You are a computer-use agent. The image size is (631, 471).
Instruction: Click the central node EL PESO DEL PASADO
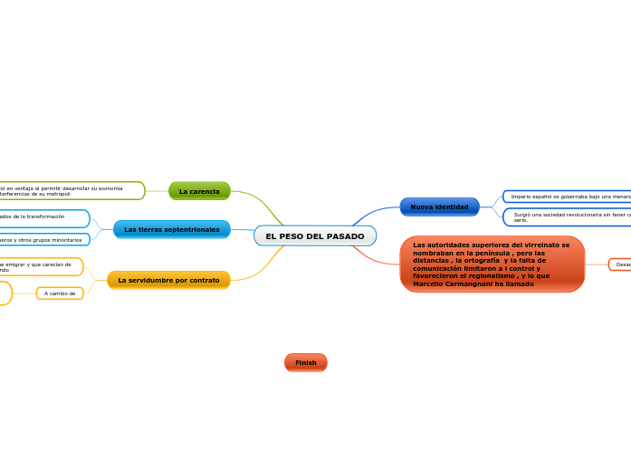(315, 236)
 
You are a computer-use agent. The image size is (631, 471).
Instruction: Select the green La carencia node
(199, 191)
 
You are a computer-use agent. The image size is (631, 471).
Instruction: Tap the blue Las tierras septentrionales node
(172, 229)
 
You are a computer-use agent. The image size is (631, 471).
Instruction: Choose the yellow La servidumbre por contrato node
(168, 281)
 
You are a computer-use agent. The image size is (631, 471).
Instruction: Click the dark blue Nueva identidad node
(439, 207)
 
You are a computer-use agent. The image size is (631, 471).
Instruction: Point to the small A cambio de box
(60, 293)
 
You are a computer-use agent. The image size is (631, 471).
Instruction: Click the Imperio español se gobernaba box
(566, 197)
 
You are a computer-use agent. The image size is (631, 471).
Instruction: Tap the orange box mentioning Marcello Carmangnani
(492, 264)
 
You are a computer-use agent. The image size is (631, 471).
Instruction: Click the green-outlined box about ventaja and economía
(71, 191)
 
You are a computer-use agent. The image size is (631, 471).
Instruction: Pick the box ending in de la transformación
(43, 217)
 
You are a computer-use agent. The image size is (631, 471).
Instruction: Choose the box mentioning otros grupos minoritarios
(43, 240)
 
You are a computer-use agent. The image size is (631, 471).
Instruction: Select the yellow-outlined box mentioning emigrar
(40, 267)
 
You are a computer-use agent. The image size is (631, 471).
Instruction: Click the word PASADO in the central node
(345, 236)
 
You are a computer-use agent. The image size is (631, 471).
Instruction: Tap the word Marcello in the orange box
(431, 284)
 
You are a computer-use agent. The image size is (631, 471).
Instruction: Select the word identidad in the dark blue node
(452, 207)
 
